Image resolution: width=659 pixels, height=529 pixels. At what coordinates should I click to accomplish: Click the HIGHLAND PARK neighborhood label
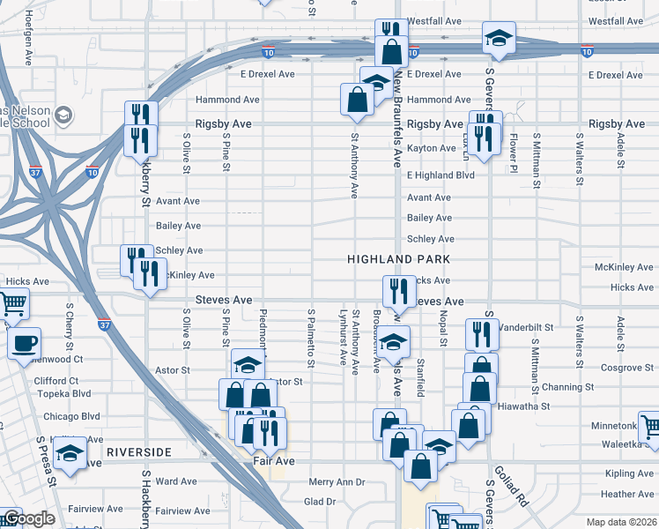tap(398, 259)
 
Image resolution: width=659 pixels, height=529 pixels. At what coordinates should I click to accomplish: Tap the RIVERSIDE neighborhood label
tap(138, 451)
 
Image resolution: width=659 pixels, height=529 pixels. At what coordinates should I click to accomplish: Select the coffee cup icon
tap(24, 343)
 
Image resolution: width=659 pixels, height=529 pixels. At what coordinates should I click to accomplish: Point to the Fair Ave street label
tap(273, 460)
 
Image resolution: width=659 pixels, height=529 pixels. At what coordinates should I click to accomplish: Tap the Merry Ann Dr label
tap(337, 482)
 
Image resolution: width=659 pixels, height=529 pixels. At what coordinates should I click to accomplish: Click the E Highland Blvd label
tap(441, 175)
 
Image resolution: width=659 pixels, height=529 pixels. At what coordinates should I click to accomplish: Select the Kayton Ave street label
tap(432, 148)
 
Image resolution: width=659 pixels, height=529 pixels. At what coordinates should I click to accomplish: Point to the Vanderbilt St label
tap(525, 326)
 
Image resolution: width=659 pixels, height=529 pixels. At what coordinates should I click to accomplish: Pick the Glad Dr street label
tap(320, 502)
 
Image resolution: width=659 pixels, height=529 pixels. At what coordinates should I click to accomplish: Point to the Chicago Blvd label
tap(78, 416)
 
